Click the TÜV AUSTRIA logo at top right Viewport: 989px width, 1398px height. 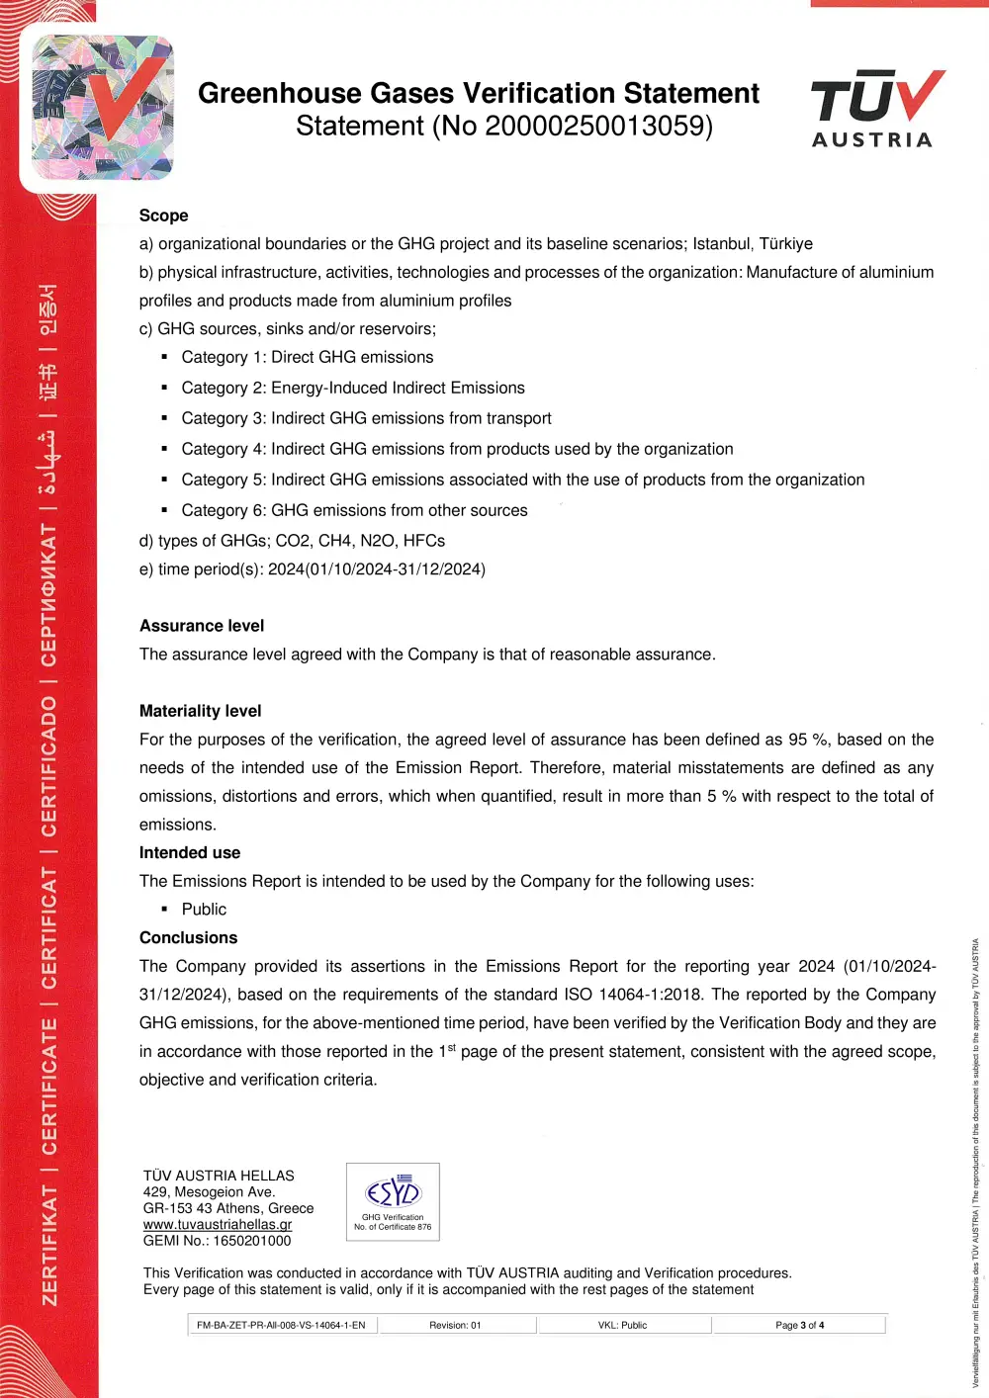point(876,109)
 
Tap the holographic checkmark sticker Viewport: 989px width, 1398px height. point(102,108)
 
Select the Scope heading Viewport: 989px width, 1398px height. point(163,216)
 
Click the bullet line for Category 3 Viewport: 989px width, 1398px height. point(366,419)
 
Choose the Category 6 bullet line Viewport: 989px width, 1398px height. point(354,511)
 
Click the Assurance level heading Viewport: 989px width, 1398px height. point(202,626)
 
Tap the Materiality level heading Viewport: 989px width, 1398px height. point(200,711)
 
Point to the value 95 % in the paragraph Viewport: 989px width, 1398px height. point(808,740)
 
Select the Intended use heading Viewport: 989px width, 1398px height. point(190,852)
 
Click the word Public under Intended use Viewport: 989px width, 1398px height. point(204,910)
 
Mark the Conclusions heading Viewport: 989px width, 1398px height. point(188,937)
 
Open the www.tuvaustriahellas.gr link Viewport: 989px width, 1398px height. point(218,1225)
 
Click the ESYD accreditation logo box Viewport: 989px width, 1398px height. point(393,1202)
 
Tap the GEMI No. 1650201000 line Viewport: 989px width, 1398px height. point(218,1241)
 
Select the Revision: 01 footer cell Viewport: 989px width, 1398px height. point(455,1325)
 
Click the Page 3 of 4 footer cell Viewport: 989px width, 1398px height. point(799,1325)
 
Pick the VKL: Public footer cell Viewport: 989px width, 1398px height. point(622,1325)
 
